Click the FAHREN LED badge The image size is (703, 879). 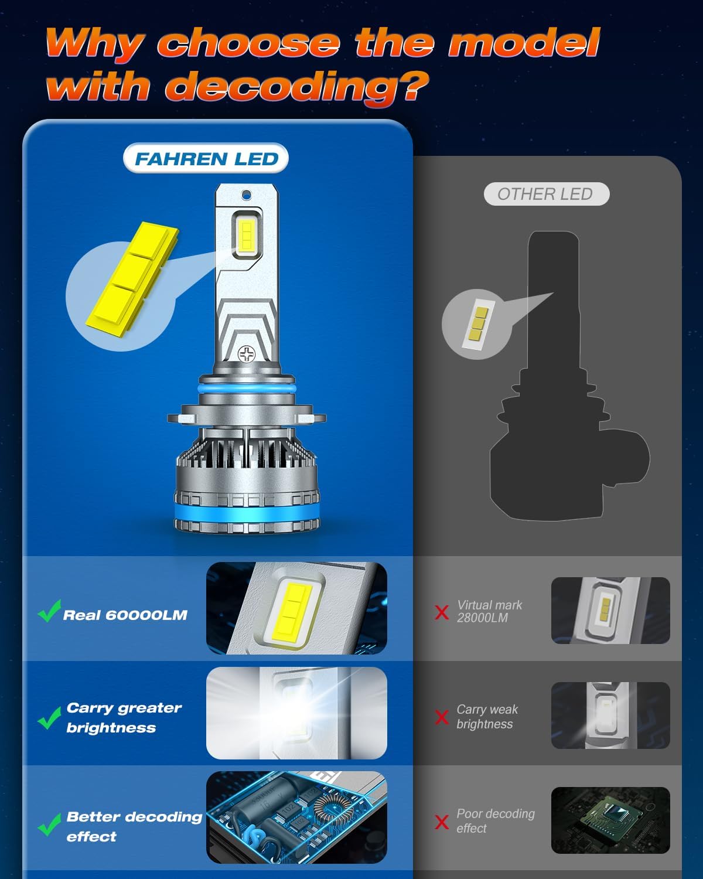[x=206, y=159]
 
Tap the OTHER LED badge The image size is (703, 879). [x=545, y=194]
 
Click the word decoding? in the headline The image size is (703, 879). [x=297, y=87]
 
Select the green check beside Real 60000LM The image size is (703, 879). [x=49, y=611]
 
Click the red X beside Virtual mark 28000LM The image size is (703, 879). [x=442, y=612]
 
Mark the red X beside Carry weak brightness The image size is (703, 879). [x=442, y=717]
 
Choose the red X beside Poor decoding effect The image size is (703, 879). [x=442, y=822]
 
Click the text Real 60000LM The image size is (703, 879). [x=125, y=615]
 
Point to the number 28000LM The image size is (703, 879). [x=482, y=618]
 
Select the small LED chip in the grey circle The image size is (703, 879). [x=476, y=324]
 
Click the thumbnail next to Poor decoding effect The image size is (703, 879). [x=610, y=820]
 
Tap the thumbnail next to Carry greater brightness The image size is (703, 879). [x=296, y=713]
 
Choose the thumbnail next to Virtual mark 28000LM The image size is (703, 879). [x=610, y=610]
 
